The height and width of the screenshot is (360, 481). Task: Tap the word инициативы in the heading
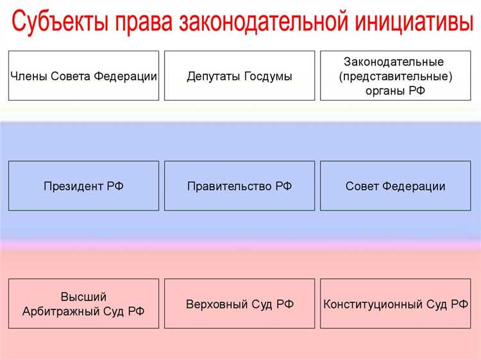click(408, 24)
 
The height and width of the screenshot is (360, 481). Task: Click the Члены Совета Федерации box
click(83, 76)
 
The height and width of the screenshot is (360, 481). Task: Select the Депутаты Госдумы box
click(239, 76)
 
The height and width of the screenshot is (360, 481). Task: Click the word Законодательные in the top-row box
click(394, 62)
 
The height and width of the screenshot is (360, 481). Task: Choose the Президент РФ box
click(83, 186)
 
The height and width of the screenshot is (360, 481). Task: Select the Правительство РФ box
click(239, 186)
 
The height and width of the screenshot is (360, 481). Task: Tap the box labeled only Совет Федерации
click(395, 186)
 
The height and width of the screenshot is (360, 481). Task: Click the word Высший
click(83, 297)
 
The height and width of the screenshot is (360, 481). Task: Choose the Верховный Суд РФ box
click(239, 304)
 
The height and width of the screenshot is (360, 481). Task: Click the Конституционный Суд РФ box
click(395, 304)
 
